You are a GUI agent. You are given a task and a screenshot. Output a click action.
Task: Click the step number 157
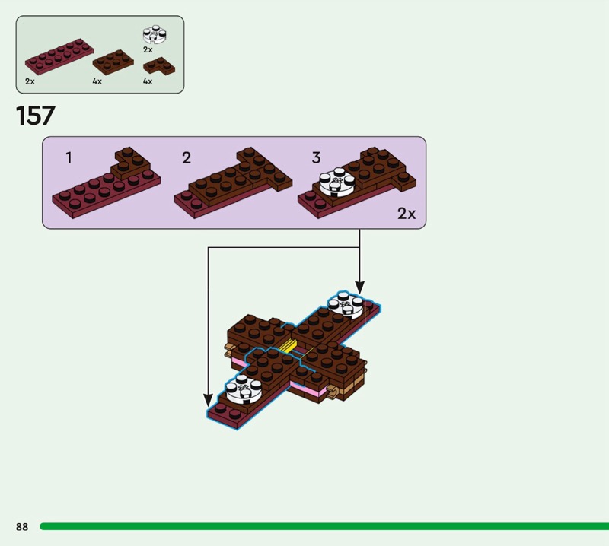tap(36, 116)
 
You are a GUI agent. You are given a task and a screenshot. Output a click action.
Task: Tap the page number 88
tap(22, 527)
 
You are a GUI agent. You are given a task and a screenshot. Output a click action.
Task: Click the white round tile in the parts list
tap(155, 35)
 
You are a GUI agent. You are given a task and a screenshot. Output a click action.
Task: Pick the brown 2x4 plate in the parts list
tap(113, 62)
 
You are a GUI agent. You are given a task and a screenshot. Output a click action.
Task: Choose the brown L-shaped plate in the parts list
tap(158, 66)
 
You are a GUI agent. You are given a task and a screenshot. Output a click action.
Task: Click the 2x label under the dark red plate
tap(30, 81)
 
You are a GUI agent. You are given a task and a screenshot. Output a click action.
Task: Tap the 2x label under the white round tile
tap(148, 49)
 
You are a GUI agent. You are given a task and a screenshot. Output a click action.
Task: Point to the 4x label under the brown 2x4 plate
tap(97, 81)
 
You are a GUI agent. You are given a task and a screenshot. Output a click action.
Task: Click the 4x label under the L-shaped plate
tap(148, 81)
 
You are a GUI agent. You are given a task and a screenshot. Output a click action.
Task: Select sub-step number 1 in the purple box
tap(69, 158)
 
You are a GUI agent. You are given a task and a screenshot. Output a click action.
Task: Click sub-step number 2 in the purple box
tap(187, 158)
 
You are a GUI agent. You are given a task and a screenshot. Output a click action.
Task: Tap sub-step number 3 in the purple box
tap(316, 158)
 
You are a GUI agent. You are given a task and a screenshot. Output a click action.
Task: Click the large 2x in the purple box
tap(407, 214)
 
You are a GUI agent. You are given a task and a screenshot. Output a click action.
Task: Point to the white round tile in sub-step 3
tap(334, 183)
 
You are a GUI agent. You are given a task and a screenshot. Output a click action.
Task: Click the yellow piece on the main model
tap(289, 346)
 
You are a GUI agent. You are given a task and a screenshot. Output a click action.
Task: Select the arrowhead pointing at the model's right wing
tap(359, 287)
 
